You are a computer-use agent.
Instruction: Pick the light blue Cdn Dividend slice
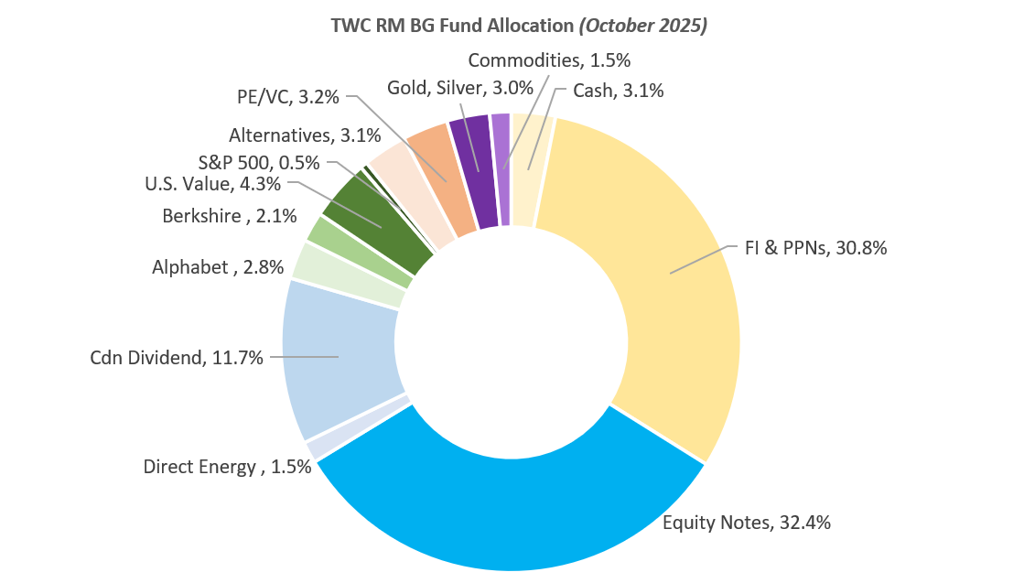(339, 357)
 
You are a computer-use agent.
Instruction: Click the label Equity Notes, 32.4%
(746, 523)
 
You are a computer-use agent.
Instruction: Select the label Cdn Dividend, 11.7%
(177, 358)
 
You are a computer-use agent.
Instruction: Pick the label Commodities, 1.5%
(549, 60)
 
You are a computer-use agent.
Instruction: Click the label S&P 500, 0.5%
(259, 163)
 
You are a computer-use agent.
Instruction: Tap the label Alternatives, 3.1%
(305, 136)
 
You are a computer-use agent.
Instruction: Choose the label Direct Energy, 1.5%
(227, 467)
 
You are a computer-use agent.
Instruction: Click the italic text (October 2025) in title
(643, 26)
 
